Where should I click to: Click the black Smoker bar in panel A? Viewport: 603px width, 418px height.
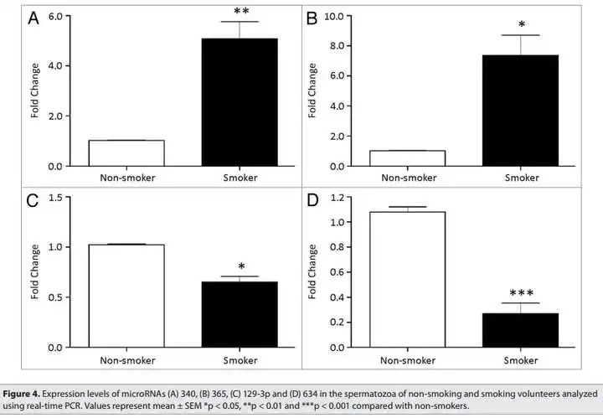[x=240, y=102]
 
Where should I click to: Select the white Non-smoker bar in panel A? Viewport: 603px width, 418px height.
[x=126, y=153]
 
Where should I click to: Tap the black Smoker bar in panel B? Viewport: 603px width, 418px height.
[x=521, y=111]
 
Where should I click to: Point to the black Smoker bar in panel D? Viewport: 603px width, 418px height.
[x=521, y=330]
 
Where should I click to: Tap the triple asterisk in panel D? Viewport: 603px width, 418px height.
[x=521, y=294]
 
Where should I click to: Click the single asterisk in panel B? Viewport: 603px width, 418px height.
[x=521, y=25]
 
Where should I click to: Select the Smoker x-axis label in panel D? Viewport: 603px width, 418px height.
[x=521, y=361]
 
